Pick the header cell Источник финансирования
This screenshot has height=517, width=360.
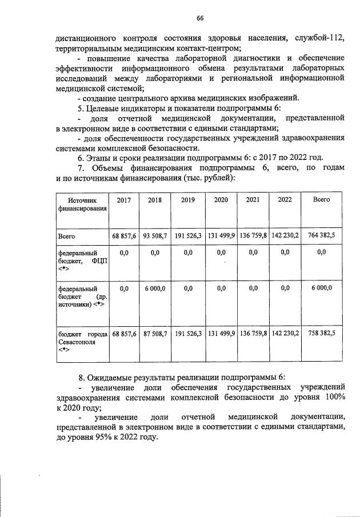[x=82, y=204]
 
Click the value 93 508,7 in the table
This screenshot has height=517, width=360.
[x=155, y=235]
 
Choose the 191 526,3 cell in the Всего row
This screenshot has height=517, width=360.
[x=187, y=235]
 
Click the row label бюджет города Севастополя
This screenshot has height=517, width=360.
[x=82, y=340]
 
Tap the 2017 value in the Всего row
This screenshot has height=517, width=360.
[x=124, y=235]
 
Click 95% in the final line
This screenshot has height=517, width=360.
[x=108, y=437]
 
